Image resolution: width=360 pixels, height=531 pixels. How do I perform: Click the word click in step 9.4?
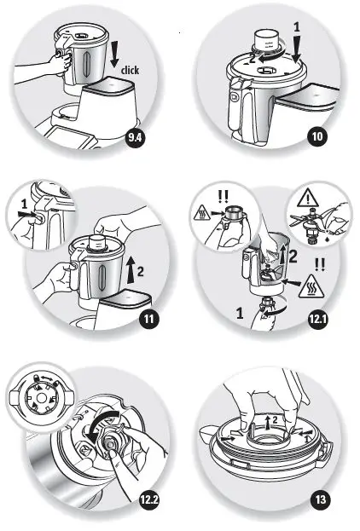(131, 71)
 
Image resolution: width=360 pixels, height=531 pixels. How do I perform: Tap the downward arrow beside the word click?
(115, 53)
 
